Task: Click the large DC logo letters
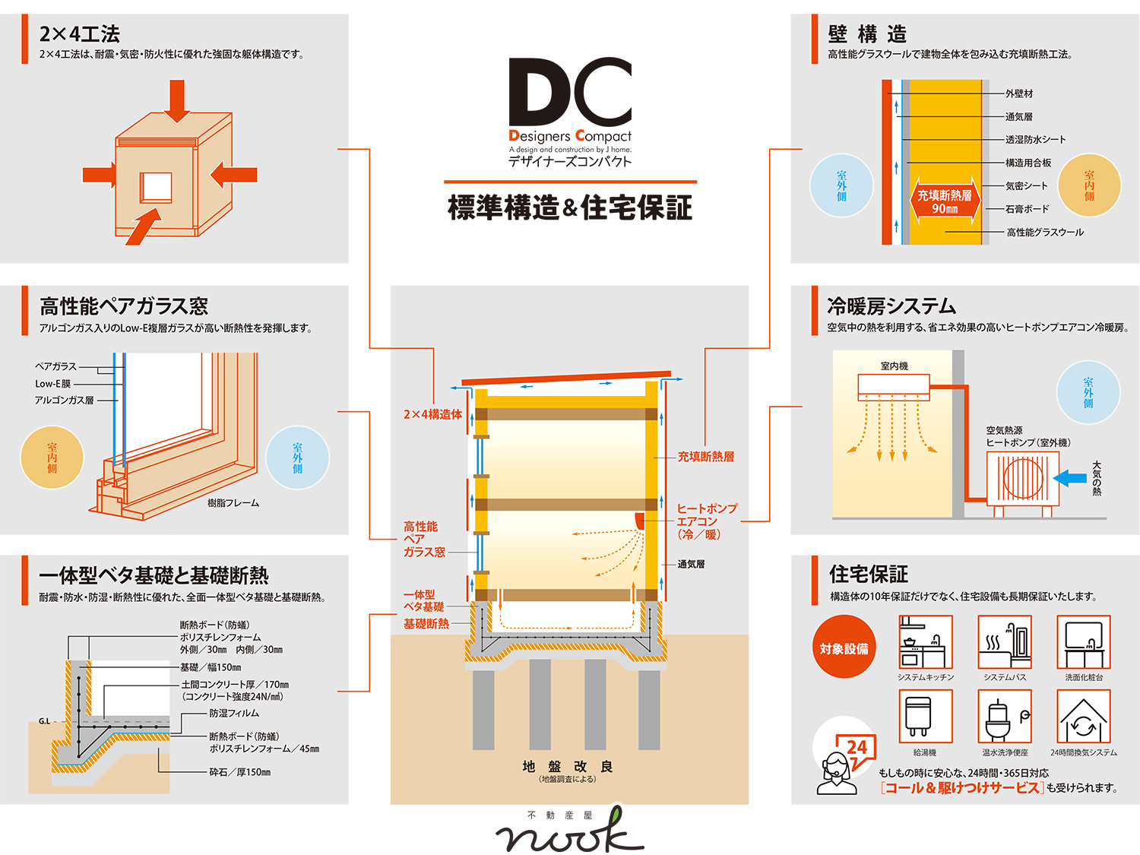coord(570,93)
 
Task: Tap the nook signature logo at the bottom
coord(570,833)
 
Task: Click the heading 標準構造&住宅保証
coord(570,207)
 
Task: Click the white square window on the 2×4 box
coord(156,187)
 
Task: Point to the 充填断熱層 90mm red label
coord(945,201)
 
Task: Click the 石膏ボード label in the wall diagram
coord(1027,209)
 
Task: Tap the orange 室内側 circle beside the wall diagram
coord(1089,185)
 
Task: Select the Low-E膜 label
coord(52,384)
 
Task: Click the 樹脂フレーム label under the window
coord(233,503)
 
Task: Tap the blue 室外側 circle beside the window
coord(297,458)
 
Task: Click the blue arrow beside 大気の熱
coord(1072,478)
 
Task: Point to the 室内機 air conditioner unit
coord(894,385)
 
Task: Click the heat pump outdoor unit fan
coord(1023,478)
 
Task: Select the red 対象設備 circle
coord(844,648)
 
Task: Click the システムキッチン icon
coord(925,642)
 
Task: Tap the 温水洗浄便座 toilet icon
coord(1004,716)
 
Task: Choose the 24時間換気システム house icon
coord(1083,716)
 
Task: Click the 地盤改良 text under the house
coord(568,767)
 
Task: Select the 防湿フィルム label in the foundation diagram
coord(234,714)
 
